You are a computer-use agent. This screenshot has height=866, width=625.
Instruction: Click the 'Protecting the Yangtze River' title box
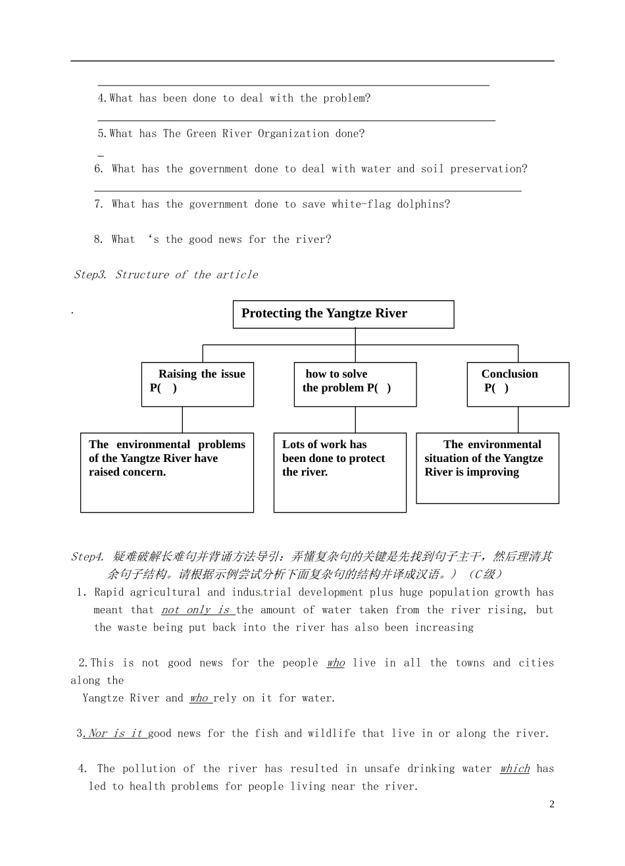[x=343, y=314]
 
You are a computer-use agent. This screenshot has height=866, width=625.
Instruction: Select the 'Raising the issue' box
[x=197, y=384]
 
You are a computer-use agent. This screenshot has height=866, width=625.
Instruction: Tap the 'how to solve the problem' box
[x=355, y=384]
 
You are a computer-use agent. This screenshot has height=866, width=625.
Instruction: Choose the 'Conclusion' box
[x=518, y=384]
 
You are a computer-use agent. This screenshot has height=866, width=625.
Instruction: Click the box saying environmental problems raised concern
[x=166, y=472]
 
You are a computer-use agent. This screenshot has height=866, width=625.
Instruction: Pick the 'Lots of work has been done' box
[x=339, y=472]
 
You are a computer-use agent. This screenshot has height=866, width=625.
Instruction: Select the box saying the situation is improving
[x=487, y=468]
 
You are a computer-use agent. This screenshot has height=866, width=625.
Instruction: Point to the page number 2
[x=552, y=804]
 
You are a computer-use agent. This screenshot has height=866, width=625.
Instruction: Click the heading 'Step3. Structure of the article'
[x=166, y=274]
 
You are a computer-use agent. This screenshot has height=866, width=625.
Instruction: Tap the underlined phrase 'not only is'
[x=195, y=610]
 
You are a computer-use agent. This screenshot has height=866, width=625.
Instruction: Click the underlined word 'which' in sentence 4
[x=514, y=769]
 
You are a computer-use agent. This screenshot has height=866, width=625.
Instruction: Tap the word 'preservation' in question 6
[x=488, y=169]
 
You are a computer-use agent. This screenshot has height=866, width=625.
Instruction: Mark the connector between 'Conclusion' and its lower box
[x=518, y=420]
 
